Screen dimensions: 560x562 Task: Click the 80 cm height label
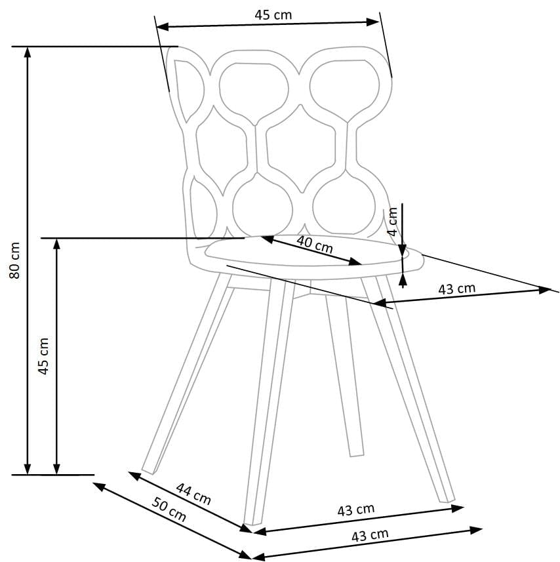15,260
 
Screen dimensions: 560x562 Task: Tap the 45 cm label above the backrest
273,15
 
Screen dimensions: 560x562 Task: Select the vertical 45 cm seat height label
44,356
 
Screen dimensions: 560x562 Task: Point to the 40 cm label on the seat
315,244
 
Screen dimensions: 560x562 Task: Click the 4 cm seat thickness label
393,222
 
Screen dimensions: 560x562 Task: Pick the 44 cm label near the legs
193,494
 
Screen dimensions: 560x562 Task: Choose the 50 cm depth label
169,510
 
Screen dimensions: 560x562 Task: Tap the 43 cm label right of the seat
457,289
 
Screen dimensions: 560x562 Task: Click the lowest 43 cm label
370,535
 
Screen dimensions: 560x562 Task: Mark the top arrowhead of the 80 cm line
28,52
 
